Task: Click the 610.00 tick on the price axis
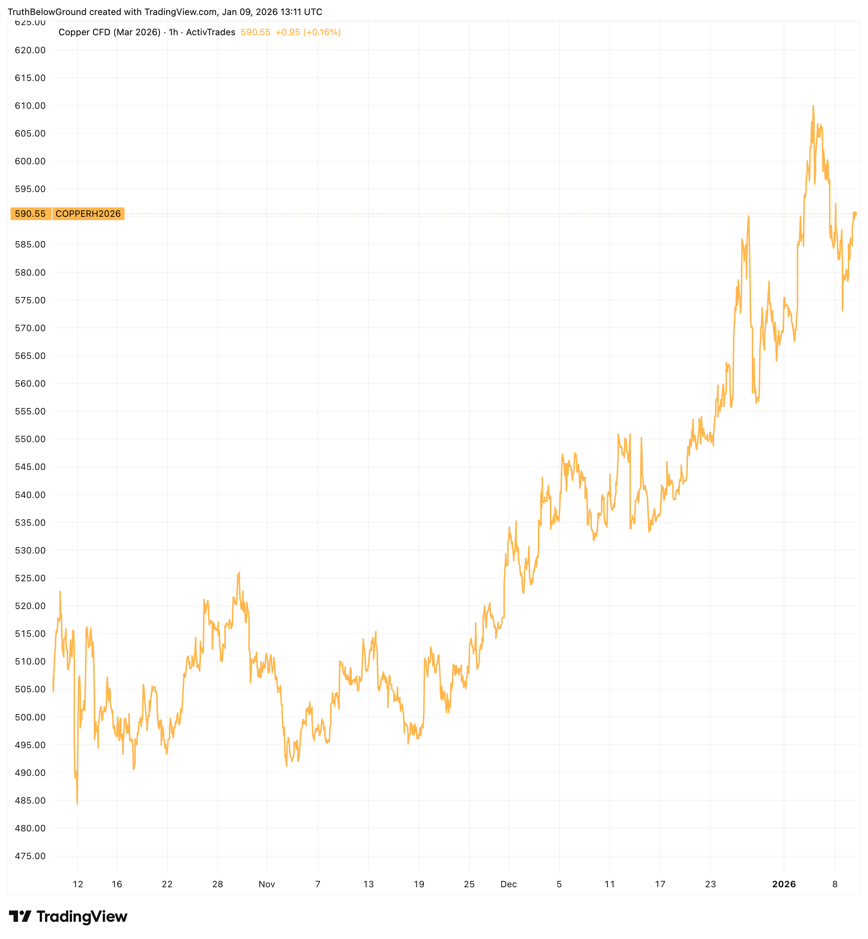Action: point(30,106)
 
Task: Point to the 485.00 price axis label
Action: point(30,801)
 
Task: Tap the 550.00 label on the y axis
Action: point(30,439)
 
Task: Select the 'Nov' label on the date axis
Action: point(267,884)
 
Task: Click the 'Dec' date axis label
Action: point(509,884)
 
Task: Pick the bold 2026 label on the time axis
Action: point(784,884)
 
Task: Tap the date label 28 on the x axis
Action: point(218,884)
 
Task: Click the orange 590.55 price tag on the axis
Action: point(30,214)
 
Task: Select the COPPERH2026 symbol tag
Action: point(88,214)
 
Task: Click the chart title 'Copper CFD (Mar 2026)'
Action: point(110,32)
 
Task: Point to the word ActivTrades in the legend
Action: point(210,32)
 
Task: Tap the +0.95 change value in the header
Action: point(287,32)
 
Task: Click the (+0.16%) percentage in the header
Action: point(322,32)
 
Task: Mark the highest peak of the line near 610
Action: point(813,106)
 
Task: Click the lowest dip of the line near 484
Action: point(77,803)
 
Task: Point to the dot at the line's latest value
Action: point(855,214)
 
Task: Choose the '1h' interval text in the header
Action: point(173,32)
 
